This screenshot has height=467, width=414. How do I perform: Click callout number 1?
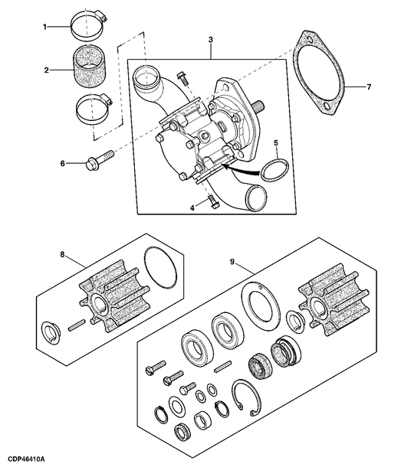tap(45, 28)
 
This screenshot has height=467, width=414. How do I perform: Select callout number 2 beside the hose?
tap(46, 70)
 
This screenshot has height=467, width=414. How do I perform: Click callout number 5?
tap(276, 142)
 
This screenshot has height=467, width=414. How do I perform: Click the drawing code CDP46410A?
tap(24, 458)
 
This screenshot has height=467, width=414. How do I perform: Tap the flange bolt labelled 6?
tap(100, 162)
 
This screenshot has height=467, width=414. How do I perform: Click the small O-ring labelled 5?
tap(275, 169)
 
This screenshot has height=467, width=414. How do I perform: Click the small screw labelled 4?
tap(212, 201)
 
